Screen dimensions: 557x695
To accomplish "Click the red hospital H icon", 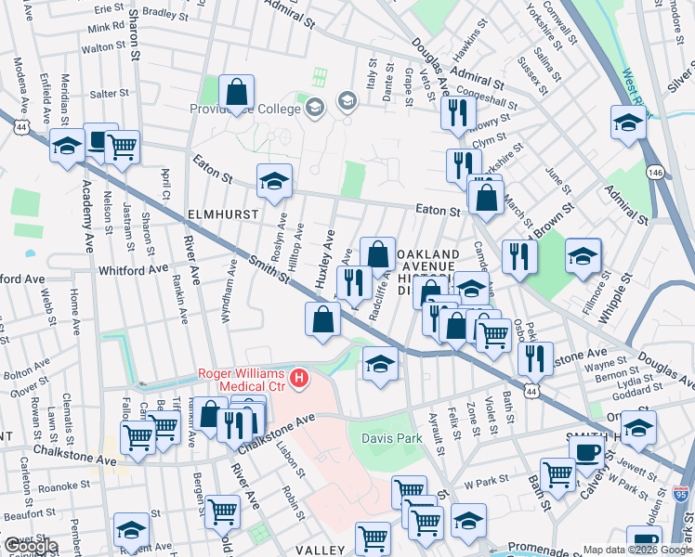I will (x=299, y=378).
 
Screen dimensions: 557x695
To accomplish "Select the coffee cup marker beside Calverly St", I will (x=584, y=451).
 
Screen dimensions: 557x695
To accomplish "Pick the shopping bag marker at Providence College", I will (x=238, y=91).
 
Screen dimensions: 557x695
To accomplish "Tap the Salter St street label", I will (x=109, y=94).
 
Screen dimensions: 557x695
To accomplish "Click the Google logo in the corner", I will (x=30, y=545).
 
